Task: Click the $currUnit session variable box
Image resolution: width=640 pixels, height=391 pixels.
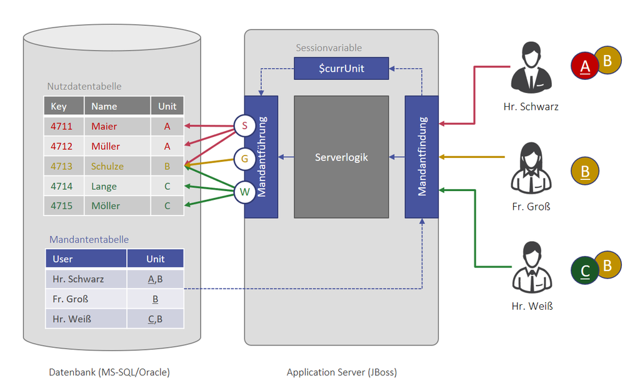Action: [x=341, y=69]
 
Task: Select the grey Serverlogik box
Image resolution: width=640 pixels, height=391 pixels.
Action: [x=341, y=157]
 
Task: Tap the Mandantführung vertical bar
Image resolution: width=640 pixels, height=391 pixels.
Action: [x=261, y=157]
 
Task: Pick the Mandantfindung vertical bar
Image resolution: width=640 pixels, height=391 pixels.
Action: [x=422, y=157]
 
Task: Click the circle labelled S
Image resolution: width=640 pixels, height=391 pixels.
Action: [x=244, y=126]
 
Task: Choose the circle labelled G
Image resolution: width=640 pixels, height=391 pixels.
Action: [x=244, y=159]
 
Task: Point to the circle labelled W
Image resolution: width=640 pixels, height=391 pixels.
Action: [x=244, y=192]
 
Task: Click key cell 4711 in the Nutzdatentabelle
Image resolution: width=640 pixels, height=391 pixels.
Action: [x=62, y=126]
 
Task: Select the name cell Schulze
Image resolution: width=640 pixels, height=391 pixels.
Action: [x=107, y=166]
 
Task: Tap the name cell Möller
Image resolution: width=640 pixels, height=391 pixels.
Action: [x=106, y=205]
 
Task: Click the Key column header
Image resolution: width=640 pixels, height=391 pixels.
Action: [x=59, y=106]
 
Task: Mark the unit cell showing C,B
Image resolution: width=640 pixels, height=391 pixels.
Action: [x=155, y=319]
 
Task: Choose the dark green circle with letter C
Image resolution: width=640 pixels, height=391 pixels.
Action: [x=586, y=270]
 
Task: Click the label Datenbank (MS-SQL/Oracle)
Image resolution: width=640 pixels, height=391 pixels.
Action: [x=109, y=372]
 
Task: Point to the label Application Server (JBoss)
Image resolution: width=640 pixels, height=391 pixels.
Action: [x=341, y=372]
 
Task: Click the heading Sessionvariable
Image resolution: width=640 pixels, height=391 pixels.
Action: [x=329, y=47]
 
